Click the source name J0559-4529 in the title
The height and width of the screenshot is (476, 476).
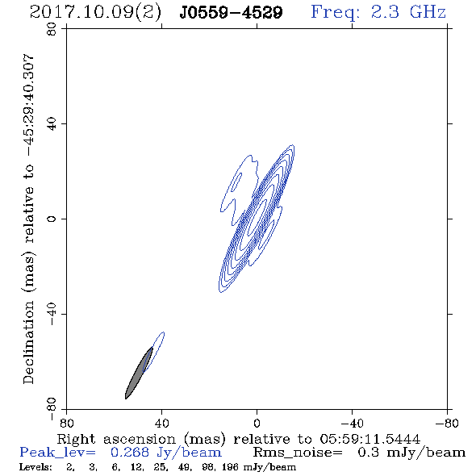tap(231, 13)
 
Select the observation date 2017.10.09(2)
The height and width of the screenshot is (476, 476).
tap(96, 13)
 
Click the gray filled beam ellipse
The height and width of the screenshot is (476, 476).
tap(139, 373)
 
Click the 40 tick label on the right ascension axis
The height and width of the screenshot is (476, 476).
tap(161, 423)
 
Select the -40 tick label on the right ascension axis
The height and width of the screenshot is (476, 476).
tap(352, 423)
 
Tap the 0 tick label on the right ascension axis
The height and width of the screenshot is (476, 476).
tap(257, 423)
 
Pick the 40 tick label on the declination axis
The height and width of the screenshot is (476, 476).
tap(52, 124)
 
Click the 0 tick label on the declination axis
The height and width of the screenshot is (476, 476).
tap(52, 219)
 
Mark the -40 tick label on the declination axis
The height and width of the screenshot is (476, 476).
tap(52, 314)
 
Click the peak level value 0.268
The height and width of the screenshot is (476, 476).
tap(130, 453)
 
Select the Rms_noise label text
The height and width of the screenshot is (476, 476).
tap(298, 453)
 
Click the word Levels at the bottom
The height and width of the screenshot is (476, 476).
tap(35, 466)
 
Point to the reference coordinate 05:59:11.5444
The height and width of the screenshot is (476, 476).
tap(370, 439)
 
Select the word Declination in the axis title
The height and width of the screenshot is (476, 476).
tap(29, 342)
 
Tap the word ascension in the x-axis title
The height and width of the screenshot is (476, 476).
tap(140, 439)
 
